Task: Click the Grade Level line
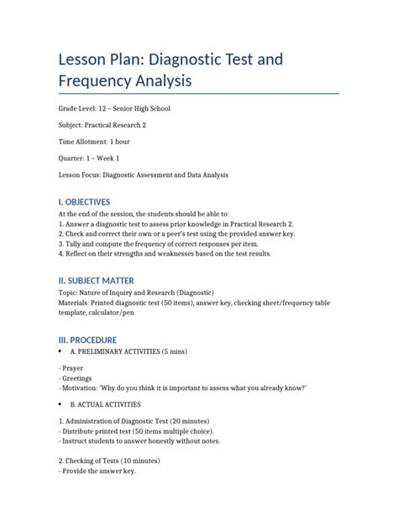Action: pyautogui.click(x=117, y=109)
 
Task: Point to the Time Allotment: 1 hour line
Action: pyautogui.click(x=94, y=142)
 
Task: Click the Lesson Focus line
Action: pyautogui.click(x=144, y=174)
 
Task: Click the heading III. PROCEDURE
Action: pyautogui.click(x=93, y=340)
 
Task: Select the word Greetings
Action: pyautogui.click(x=78, y=378)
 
